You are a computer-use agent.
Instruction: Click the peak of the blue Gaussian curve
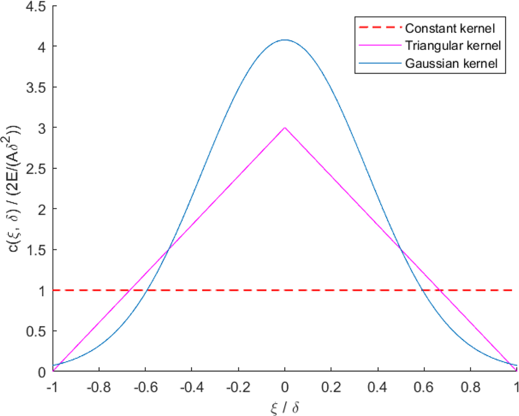coord(285,40)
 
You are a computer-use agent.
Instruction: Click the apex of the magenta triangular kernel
coord(285,128)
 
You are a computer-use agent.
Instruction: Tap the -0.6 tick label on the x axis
coord(145,385)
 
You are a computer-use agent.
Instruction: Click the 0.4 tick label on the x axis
coord(378,385)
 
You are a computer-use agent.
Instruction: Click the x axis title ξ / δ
coord(284,406)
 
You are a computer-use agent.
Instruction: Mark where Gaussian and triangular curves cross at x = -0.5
coord(169,250)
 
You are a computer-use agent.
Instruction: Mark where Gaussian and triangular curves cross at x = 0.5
coord(400,250)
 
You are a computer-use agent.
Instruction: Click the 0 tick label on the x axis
coord(285,385)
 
